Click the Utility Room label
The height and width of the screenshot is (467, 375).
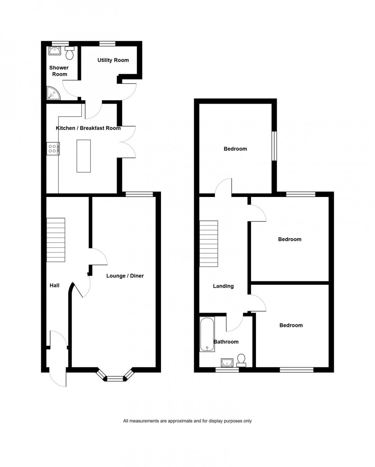[113, 60]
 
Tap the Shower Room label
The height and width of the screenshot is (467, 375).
[59, 71]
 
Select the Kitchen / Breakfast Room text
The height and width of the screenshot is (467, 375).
[88, 128]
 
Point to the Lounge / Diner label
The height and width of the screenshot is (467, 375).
[125, 276]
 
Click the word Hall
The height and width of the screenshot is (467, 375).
[54, 285]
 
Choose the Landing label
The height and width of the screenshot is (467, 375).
[223, 286]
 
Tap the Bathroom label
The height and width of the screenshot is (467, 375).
[226, 342]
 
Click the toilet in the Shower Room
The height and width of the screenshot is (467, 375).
[69, 53]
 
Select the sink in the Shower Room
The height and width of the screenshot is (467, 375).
[54, 51]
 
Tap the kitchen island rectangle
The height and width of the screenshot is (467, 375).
[83, 156]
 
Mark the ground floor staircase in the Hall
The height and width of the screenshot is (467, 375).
[56, 240]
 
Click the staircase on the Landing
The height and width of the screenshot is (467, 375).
[209, 244]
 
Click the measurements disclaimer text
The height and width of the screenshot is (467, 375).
[187, 421]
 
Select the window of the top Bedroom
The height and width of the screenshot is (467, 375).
[274, 146]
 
